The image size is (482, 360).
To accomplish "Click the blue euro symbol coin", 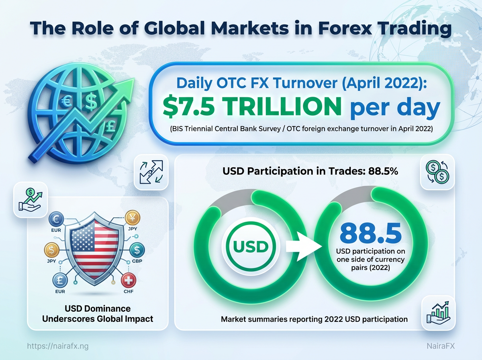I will [56, 220].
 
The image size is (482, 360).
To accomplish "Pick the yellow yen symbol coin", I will [133, 217].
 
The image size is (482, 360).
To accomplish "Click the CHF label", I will [129, 291].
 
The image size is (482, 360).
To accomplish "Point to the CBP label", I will [137, 262].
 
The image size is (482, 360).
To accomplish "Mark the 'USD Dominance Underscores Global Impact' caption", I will [98, 314].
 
